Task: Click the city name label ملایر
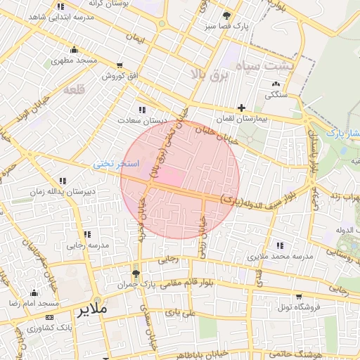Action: pyautogui.click(x=91, y=309)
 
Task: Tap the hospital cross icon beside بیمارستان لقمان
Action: pyautogui.click(x=242, y=108)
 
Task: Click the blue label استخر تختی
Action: pyautogui.click(x=117, y=164)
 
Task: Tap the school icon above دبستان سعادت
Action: pyautogui.click(x=143, y=110)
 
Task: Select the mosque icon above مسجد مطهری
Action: pyautogui.click(x=75, y=49)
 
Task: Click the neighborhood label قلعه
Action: pyautogui.click(x=74, y=89)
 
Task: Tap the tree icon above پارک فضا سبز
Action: pyautogui.click(x=226, y=15)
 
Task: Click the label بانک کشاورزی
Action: pyautogui.click(x=50, y=328)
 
